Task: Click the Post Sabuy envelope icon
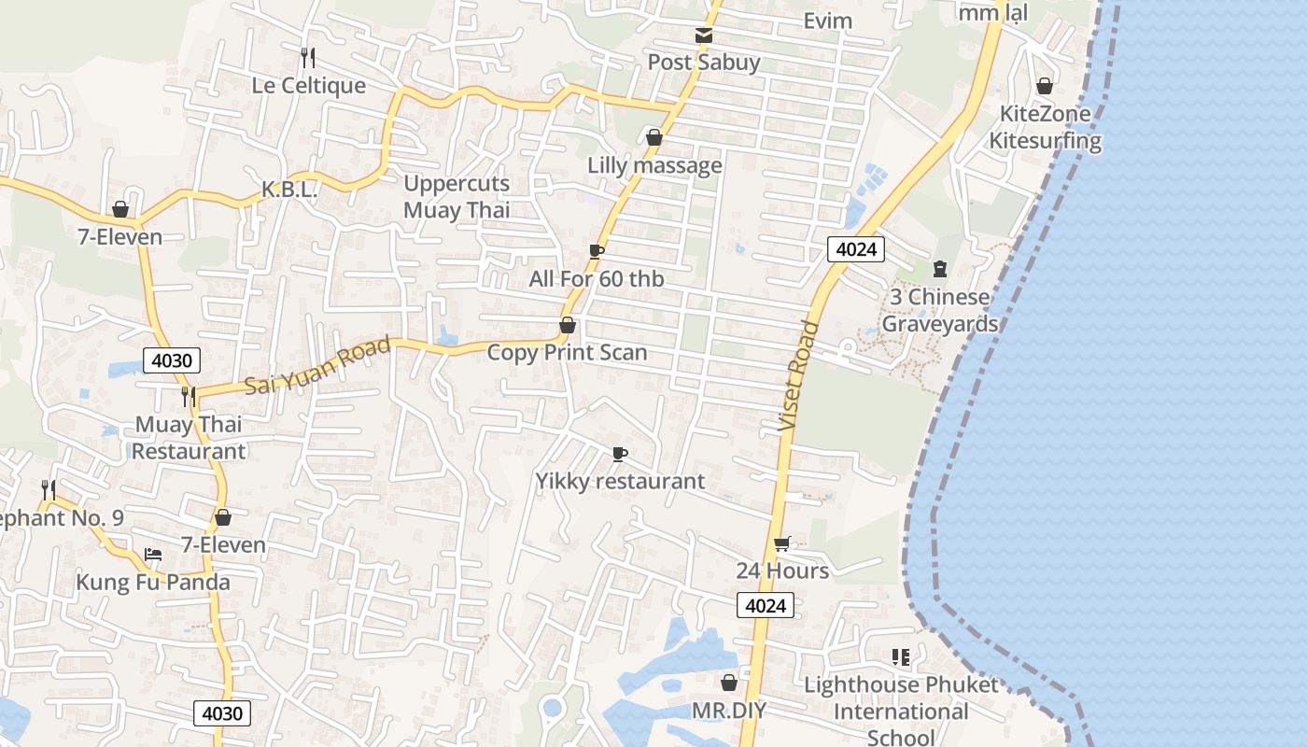704,35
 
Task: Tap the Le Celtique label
309,85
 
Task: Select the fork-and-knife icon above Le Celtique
308,58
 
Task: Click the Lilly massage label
654,165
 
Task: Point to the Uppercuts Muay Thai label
457,196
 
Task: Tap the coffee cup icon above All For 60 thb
597,251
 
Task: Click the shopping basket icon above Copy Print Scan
567,325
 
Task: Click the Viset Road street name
799,376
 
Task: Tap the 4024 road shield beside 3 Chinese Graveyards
855,248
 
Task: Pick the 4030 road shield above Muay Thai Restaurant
172,359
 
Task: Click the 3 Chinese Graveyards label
939,310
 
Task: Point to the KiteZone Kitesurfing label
1045,128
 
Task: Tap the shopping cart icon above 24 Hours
782,544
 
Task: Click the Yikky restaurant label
620,481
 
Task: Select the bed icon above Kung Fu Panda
153,555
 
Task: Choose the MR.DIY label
728,711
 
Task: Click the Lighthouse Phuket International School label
901,711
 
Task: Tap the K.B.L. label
289,190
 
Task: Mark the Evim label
827,21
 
